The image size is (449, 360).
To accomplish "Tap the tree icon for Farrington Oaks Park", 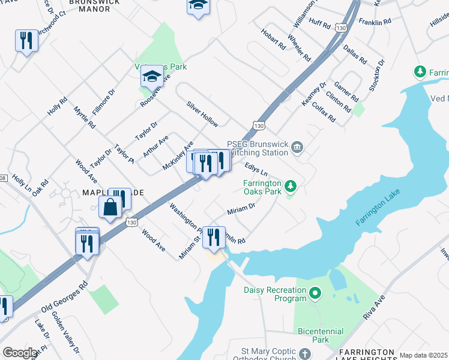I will click(x=291, y=186).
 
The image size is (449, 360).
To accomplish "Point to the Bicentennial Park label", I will click(x=321, y=335).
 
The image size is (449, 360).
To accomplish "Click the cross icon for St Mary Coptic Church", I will click(x=304, y=353).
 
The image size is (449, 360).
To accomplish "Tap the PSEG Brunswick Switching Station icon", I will click(x=297, y=148).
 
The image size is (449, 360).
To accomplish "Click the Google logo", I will click(x=20, y=353).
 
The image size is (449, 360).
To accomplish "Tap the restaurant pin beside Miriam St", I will click(x=213, y=237).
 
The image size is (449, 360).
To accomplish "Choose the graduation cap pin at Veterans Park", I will click(x=152, y=77).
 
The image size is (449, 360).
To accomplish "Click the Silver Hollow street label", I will click(x=202, y=113).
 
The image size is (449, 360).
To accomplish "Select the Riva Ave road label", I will click(x=373, y=307).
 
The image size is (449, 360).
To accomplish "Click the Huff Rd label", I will click(x=319, y=25).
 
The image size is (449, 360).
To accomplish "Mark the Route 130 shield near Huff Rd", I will click(x=341, y=28).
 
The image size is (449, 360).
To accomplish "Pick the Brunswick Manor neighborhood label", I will click(x=94, y=3).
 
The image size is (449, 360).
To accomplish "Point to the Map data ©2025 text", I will click(x=424, y=355).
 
